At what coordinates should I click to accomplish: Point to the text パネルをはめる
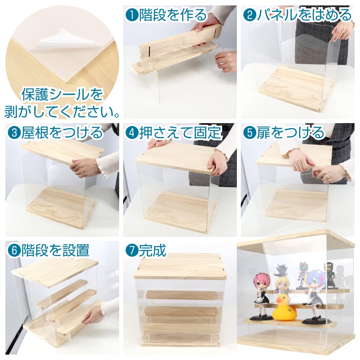coord(303,15)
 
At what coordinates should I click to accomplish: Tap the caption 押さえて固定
coord(180,133)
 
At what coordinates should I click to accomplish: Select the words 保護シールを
coord(62,95)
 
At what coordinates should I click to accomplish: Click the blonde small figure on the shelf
coord(282,284)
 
